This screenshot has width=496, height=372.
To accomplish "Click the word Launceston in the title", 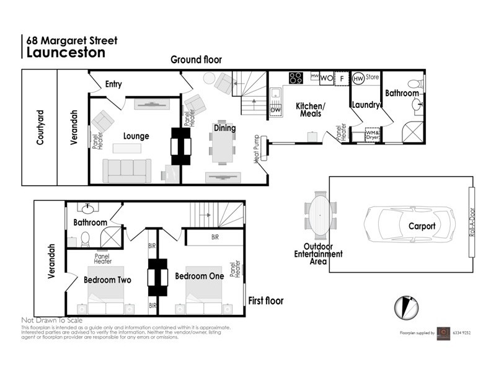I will [x=65, y=52].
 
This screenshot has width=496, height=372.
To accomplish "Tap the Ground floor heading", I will [x=197, y=60].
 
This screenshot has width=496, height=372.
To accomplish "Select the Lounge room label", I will [x=136, y=136].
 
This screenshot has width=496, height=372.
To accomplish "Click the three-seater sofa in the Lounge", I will [x=127, y=170].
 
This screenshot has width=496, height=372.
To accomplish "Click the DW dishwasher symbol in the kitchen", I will [x=276, y=110].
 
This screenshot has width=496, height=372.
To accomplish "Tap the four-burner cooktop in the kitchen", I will [x=296, y=78].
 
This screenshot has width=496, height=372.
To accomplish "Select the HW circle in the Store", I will [x=358, y=79].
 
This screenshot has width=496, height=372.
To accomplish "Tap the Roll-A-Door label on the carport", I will [x=472, y=226].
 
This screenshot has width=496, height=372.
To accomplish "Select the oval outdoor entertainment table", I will [x=320, y=215].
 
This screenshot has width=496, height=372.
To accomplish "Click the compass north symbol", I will [x=404, y=306].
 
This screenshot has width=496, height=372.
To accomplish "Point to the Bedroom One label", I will [x=199, y=276].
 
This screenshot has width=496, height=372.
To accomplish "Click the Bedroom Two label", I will [x=107, y=280].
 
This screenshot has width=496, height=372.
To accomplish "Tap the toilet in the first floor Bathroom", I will [x=86, y=237].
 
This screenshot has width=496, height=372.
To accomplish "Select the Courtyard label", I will [x=40, y=128].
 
